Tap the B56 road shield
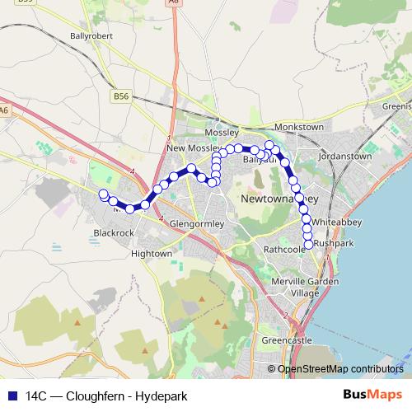121,96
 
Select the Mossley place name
222,132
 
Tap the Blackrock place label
114,233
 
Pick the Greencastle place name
282,339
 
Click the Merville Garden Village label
294,287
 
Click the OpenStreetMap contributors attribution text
340,369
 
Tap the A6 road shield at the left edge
4,110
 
